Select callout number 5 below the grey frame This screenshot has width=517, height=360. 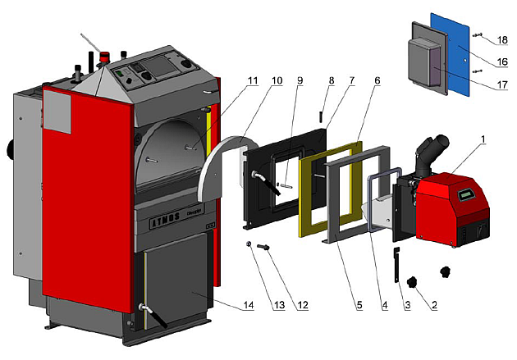[359, 307]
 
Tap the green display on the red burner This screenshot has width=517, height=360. [467, 194]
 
